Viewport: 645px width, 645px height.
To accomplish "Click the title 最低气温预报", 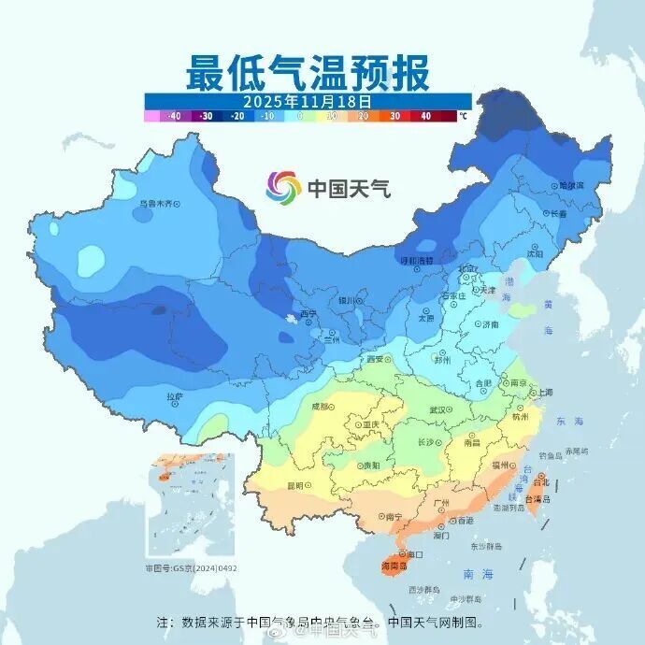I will pos(308,72).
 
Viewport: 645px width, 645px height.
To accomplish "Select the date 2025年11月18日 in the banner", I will pos(308,100).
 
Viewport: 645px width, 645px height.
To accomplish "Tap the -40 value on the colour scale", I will pos(173,117).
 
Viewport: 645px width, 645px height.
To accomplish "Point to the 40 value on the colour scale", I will pos(425,117).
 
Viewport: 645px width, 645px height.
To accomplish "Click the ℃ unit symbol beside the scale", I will pos(462,117).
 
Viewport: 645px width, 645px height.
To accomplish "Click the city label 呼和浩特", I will pos(416,261).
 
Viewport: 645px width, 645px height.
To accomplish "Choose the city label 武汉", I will pos(438,409).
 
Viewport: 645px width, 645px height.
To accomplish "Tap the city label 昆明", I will pos(295,485).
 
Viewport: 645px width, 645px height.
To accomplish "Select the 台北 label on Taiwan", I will pos(540,482).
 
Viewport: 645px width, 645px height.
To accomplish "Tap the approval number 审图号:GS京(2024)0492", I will pos(191,567).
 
